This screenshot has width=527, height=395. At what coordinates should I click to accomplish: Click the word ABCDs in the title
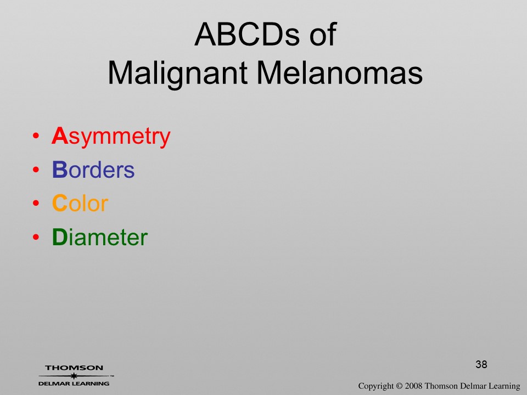tap(246, 34)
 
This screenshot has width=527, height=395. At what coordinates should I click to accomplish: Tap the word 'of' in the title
tap(323, 34)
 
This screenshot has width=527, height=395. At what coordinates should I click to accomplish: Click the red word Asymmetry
tap(111, 137)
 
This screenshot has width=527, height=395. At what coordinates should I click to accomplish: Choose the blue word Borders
tap(93, 170)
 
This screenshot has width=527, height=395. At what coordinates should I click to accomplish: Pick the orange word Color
tap(80, 203)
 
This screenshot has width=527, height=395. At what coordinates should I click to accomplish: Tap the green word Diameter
tap(100, 237)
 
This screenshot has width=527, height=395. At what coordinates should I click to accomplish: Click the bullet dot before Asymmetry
tap(36, 136)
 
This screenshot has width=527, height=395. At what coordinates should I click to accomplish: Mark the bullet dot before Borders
tap(36, 170)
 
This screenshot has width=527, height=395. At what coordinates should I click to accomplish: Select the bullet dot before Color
tap(36, 203)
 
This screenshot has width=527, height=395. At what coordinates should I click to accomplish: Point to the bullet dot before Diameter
tap(36, 237)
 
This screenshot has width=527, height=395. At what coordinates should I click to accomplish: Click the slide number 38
tap(481, 364)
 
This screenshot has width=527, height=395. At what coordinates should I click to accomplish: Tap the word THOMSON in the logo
tap(74, 368)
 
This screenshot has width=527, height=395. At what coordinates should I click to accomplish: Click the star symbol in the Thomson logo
tap(74, 376)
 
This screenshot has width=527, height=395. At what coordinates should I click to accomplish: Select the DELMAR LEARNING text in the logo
tap(74, 383)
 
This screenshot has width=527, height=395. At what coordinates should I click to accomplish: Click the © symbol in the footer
tap(399, 386)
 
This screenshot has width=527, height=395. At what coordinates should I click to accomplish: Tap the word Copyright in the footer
tap(375, 386)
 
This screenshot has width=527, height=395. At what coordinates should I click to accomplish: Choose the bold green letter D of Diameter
tap(60, 237)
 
